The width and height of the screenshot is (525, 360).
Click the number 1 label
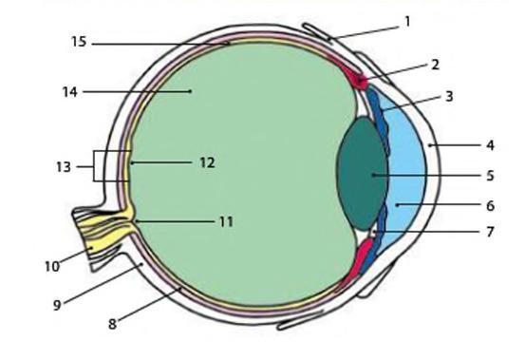pyautogui.click(x=407, y=22)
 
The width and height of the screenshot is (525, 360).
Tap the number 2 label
pyautogui.click(x=435, y=65)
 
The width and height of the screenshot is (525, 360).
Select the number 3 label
pyautogui.click(x=449, y=97)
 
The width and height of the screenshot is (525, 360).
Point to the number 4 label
pyautogui.click(x=490, y=145)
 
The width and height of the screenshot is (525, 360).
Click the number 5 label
pyautogui.click(x=490, y=176)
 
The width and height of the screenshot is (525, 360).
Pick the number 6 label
pyautogui.click(x=490, y=205)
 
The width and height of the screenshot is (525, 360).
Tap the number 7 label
pyautogui.click(x=490, y=232)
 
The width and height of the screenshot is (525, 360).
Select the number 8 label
pyautogui.click(x=112, y=324)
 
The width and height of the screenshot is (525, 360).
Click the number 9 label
pyautogui.click(x=57, y=305)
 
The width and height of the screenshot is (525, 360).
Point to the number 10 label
pyautogui.click(x=52, y=267)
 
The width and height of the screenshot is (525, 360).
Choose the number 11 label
pyautogui.click(x=226, y=221)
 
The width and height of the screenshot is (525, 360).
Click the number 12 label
pyautogui.click(x=207, y=162)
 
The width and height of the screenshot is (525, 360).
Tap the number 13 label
pyautogui.click(x=64, y=167)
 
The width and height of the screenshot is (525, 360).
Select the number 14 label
pyautogui.click(x=70, y=92)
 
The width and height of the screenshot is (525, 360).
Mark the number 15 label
pyautogui.click(x=79, y=42)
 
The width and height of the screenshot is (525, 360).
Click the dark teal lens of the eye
pyautogui.click(x=363, y=174)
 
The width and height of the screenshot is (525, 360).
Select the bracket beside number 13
pyautogui.click(x=94, y=166)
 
